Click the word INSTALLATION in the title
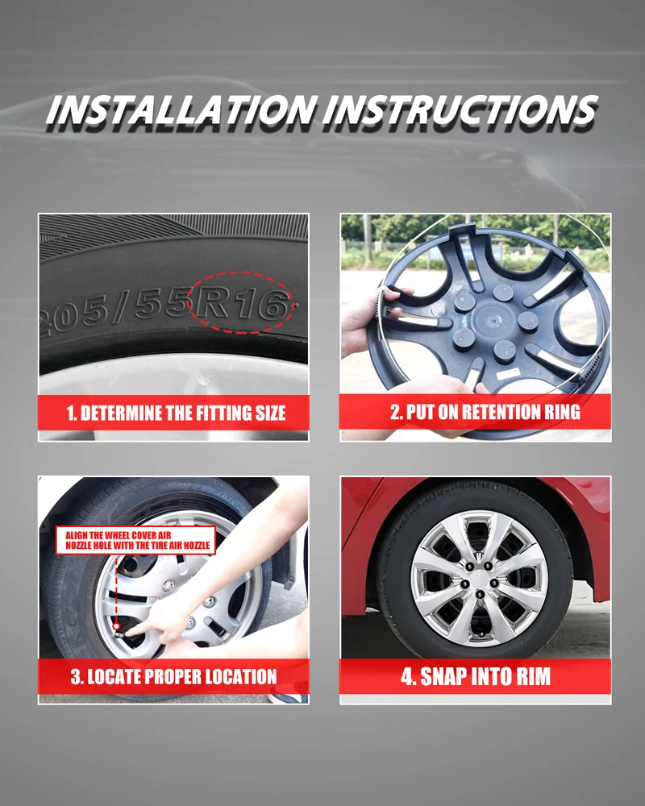tap(180, 110)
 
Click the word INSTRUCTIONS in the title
tap(460, 110)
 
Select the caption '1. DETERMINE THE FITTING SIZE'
tap(176, 413)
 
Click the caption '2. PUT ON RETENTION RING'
tap(485, 412)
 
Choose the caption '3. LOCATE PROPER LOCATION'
tap(174, 676)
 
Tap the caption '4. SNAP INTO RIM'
tap(476, 676)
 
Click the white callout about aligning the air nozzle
tap(135, 540)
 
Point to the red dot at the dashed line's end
tap(117, 626)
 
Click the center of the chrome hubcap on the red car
tap(479, 580)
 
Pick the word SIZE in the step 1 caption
tap(270, 413)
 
